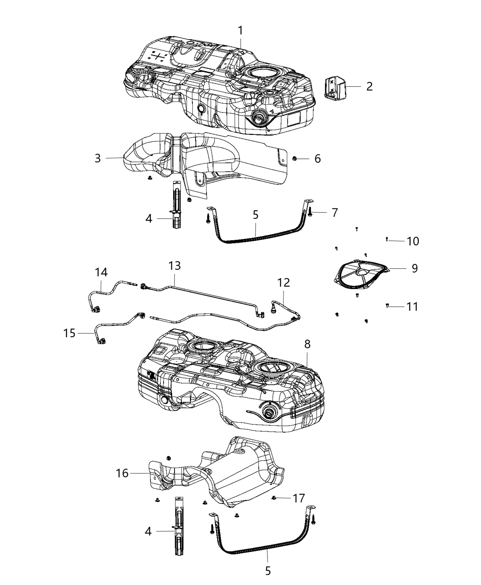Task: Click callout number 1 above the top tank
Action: tap(240, 31)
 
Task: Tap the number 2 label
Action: tap(369, 86)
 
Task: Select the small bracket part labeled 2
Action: tap(336, 88)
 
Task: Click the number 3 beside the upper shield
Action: tap(98, 158)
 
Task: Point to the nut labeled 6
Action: tap(295, 159)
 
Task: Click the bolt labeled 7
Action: tap(310, 212)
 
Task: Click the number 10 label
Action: tap(413, 241)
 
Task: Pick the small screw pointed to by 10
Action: tap(387, 239)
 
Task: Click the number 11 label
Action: tap(412, 306)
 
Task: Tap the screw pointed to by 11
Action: tap(388, 306)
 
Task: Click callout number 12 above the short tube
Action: tap(284, 282)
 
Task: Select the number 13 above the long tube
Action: tap(175, 266)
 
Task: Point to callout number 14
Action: tap(101, 273)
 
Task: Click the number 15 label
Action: tap(69, 332)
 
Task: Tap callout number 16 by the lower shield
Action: tap(122, 473)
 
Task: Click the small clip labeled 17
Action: tap(274, 498)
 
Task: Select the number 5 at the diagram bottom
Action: tap(268, 571)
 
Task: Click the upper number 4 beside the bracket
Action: tap(149, 219)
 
